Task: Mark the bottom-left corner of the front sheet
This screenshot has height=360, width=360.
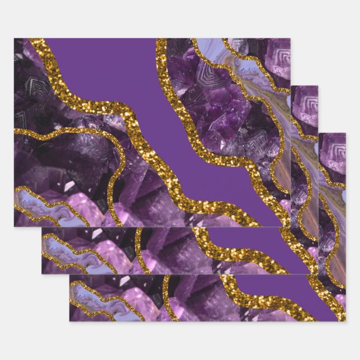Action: [x=15, y=226]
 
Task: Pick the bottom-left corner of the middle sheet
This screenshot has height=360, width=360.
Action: [x=42, y=273]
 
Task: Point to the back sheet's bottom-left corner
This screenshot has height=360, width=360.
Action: [x=70, y=321]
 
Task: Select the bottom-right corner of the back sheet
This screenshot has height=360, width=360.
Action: [x=345, y=321]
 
